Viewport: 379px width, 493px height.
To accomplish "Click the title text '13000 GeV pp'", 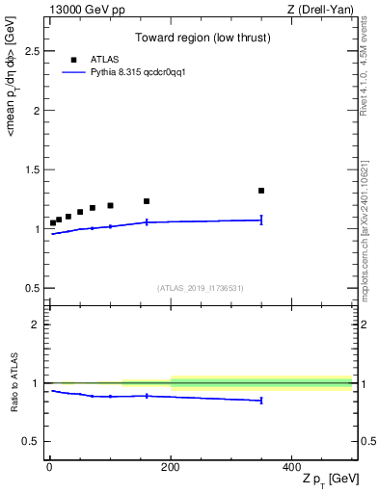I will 82,11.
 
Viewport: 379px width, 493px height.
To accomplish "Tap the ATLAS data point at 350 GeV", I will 261,191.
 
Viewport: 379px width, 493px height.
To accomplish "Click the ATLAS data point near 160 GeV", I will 147,201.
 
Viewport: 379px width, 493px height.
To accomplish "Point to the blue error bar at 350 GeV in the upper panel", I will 261,220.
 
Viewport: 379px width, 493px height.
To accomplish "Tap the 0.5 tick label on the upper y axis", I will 34,288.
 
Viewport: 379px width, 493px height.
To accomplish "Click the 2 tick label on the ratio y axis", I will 39,324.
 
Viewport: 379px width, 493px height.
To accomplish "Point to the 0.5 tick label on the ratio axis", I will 34,441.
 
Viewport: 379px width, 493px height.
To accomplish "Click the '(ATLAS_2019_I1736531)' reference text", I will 201,288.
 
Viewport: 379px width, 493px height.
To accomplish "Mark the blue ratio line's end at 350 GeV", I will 261,401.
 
